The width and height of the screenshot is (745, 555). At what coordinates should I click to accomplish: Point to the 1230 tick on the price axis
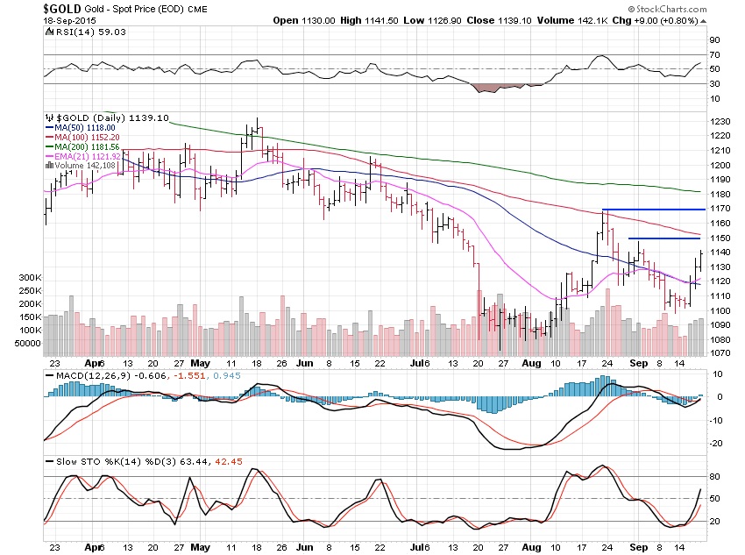[x=721, y=121]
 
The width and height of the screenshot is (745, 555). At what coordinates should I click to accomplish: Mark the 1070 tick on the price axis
[x=721, y=353]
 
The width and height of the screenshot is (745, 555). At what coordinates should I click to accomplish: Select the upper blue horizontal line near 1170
[x=653, y=210]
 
